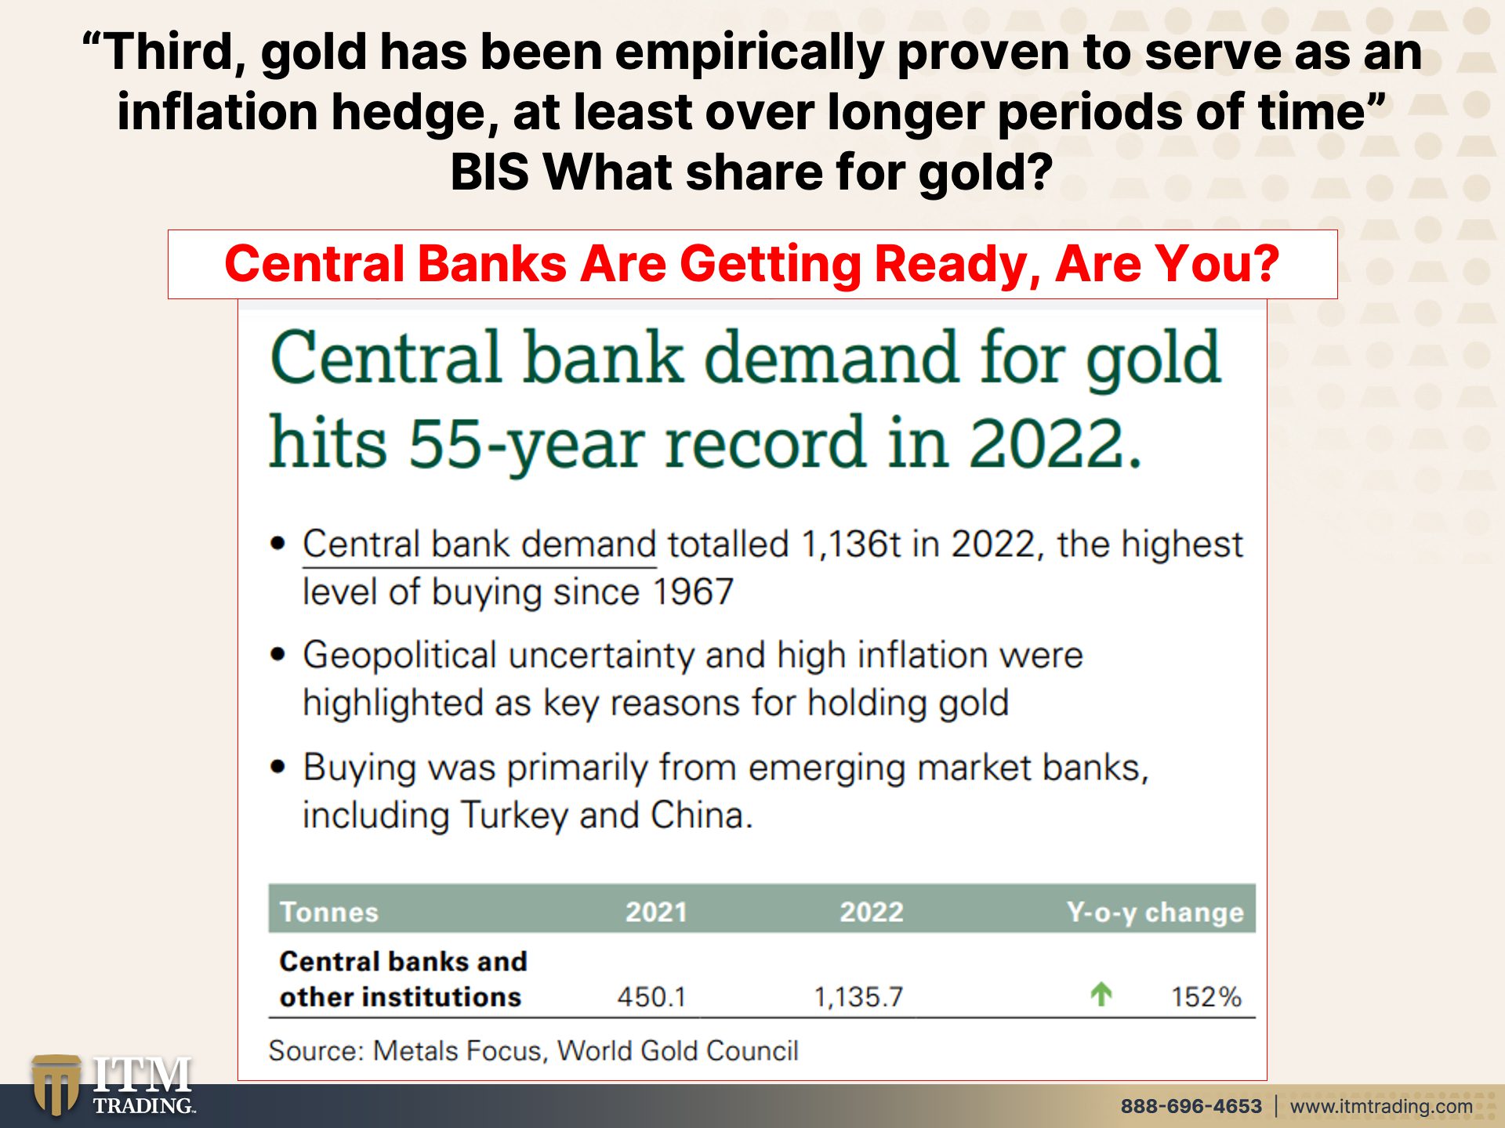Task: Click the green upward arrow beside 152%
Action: (x=1101, y=994)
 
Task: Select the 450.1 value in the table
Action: (x=651, y=997)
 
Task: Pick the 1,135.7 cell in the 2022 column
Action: (x=858, y=997)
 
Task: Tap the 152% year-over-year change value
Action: (x=1206, y=997)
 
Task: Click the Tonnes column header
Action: (x=329, y=912)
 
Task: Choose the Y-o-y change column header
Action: (x=1155, y=913)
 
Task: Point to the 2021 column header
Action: (x=656, y=912)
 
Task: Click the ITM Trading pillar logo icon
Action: (x=56, y=1086)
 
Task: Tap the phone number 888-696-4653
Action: (x=1191, y=1106)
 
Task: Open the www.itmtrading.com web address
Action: (x=1381, y=1106)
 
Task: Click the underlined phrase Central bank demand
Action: (x=480, y=544)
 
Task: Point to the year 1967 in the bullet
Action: (x=693, y=591)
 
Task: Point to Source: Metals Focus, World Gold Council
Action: (x=533, y=1050)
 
